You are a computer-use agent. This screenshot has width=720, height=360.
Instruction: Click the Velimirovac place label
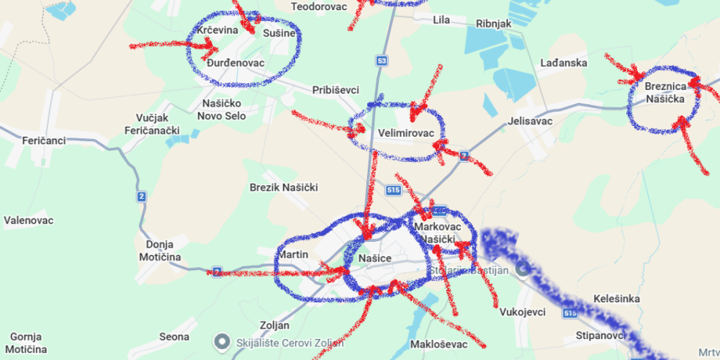405,133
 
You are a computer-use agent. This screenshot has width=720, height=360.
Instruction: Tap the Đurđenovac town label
235,63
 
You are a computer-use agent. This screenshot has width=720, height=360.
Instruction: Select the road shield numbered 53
382,60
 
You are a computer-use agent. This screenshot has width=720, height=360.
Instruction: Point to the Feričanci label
44,140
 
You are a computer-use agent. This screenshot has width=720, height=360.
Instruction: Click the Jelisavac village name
530,121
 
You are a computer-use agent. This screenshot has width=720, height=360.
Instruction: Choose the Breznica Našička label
664,92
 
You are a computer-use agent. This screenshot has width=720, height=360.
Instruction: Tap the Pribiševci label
336,90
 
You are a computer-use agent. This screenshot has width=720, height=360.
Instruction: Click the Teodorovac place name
318,6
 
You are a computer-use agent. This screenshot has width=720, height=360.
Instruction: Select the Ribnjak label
493,24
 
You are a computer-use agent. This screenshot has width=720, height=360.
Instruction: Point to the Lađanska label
564,63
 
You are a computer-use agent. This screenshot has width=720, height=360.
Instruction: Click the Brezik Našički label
284,187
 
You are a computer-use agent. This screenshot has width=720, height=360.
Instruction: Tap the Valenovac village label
29,220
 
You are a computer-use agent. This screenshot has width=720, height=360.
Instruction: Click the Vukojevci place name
522,312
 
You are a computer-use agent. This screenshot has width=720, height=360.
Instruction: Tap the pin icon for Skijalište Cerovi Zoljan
223,341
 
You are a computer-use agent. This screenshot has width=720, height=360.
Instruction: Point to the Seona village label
174,336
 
